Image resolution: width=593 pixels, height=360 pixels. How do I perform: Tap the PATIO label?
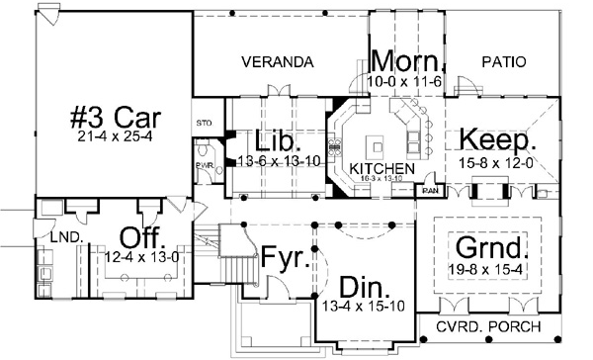(x=500, y=62)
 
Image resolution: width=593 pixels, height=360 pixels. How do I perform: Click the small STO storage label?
(x=205, y=124)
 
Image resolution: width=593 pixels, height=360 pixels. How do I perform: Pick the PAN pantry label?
(x=430, y=188)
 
